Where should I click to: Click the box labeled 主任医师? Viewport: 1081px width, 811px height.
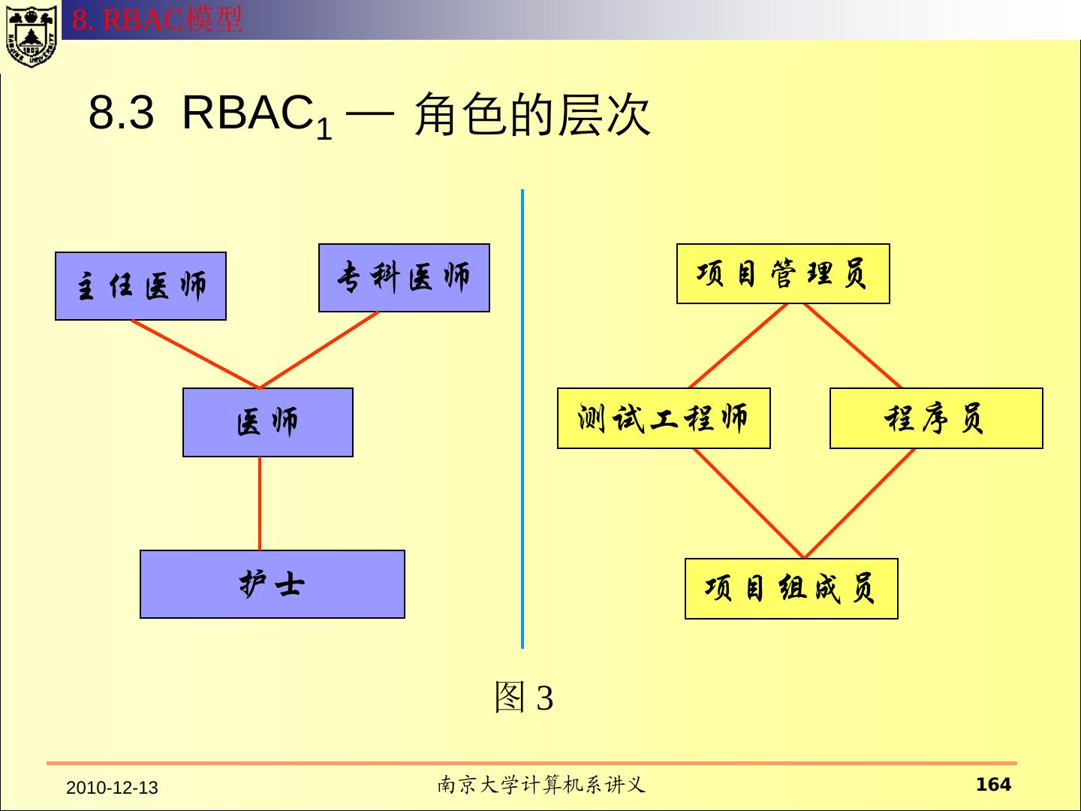tap(140, 286)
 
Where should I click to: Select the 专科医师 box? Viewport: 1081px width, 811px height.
tap(404, 278)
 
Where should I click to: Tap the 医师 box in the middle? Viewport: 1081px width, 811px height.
tap(268, 422)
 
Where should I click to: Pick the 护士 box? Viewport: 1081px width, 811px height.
tap(272, 584)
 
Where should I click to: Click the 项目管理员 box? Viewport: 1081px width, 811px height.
tap(783, 273)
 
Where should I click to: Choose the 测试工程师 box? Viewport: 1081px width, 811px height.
tap(664, 418)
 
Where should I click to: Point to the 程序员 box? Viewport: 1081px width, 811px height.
tap(936, 418)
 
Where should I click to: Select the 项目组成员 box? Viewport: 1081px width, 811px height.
tap(791, 589)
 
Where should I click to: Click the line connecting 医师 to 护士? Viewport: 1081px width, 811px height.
tap(260, 503)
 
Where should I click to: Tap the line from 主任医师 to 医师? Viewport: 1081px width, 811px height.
tap(195, 354)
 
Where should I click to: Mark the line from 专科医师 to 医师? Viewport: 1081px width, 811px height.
tap(319, 350)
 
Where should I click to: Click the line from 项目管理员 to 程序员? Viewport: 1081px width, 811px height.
tap(854, 346)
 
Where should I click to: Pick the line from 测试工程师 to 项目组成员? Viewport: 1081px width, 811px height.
tap(748, 503)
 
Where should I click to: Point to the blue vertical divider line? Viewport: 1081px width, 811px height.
tap(522, 421)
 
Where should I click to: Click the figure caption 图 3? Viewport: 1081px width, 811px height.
tap(523, 698)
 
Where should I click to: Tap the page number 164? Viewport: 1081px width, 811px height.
tap(993, 785)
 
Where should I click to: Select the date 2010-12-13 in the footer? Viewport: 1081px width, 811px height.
tap(113, 788)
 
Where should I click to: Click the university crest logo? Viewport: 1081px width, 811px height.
tap(31, 34)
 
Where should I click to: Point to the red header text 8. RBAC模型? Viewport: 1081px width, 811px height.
tap(158, 20)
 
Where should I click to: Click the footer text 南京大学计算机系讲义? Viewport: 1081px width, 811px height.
tap(541, 785)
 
